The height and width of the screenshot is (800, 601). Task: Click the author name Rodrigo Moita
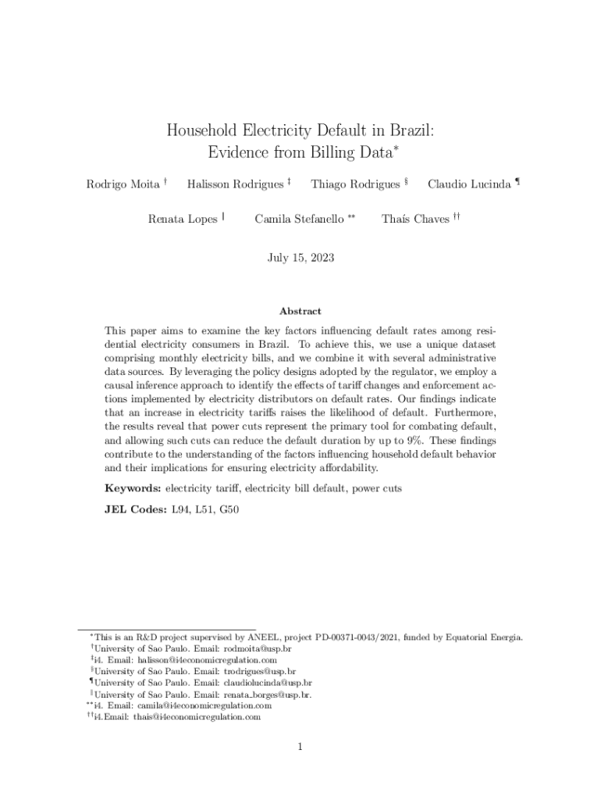click(121, 184)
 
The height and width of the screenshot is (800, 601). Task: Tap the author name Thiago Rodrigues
click(355, 184)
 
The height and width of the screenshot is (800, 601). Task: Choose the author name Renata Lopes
click(182, 220)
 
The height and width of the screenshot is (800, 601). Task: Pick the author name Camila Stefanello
click(299, 220)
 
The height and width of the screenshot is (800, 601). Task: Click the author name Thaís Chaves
click(414, 220)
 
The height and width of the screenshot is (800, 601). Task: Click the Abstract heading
click(300, 311)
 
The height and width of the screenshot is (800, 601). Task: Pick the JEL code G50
click(229, 509)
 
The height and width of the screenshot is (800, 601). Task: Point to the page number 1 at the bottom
click(300, 747)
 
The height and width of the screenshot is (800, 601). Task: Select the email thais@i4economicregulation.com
click(197, 716)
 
